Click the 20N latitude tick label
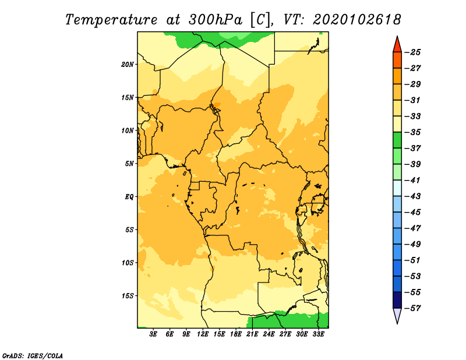tap(128, 65)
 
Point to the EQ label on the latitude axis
tap(129, 197)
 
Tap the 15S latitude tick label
tap(128, 296)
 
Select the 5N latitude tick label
tap(129, 164)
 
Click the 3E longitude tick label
tap(153, 334)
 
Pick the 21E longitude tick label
tap(252, 334)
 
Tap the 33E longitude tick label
tap(318, 334)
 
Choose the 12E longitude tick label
tap(202, 334)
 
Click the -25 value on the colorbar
tap(413, 52)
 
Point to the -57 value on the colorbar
tap(413, 308)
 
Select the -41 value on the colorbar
tap(413, 181)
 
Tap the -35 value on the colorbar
tap(413, 132)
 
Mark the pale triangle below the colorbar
tap(397, 315)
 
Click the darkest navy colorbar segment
tap(397, 300)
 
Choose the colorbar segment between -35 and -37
tap(397, 140)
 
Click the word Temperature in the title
tap(111, 20)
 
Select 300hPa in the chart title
tap(215, 20)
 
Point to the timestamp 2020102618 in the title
tap(357, 20)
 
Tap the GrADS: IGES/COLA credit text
tap(33, 355)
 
